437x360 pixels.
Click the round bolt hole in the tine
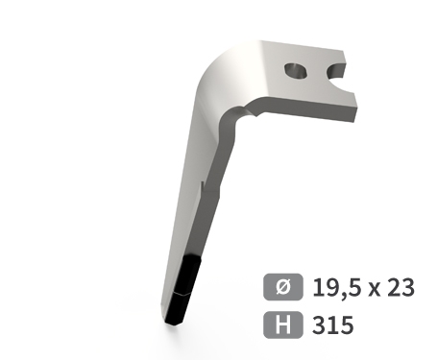tap(296, 71)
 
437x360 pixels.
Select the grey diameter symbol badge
tap(283, 287)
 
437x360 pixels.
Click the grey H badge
tap(283, 324)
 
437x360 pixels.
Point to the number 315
tap(333, 324)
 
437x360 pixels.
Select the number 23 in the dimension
tap(401, 287)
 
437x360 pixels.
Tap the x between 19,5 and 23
tap(375, 289)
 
